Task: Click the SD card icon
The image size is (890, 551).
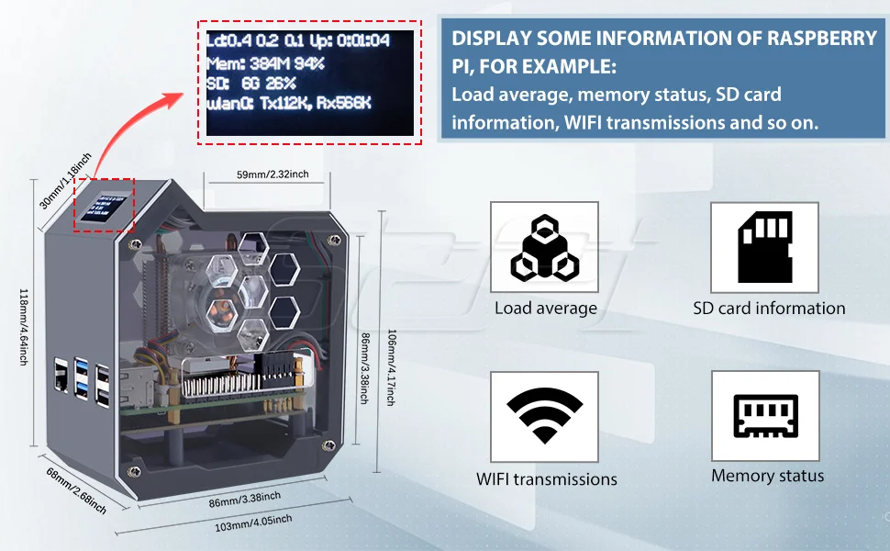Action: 764,248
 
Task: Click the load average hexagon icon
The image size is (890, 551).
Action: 545,248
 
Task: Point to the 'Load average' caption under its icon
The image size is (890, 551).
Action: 545,309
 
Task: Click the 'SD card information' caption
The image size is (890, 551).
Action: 769,309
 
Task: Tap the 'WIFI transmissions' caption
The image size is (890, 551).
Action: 546,478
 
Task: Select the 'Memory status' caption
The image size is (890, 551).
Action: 767,476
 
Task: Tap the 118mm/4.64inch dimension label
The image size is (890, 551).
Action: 25,327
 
